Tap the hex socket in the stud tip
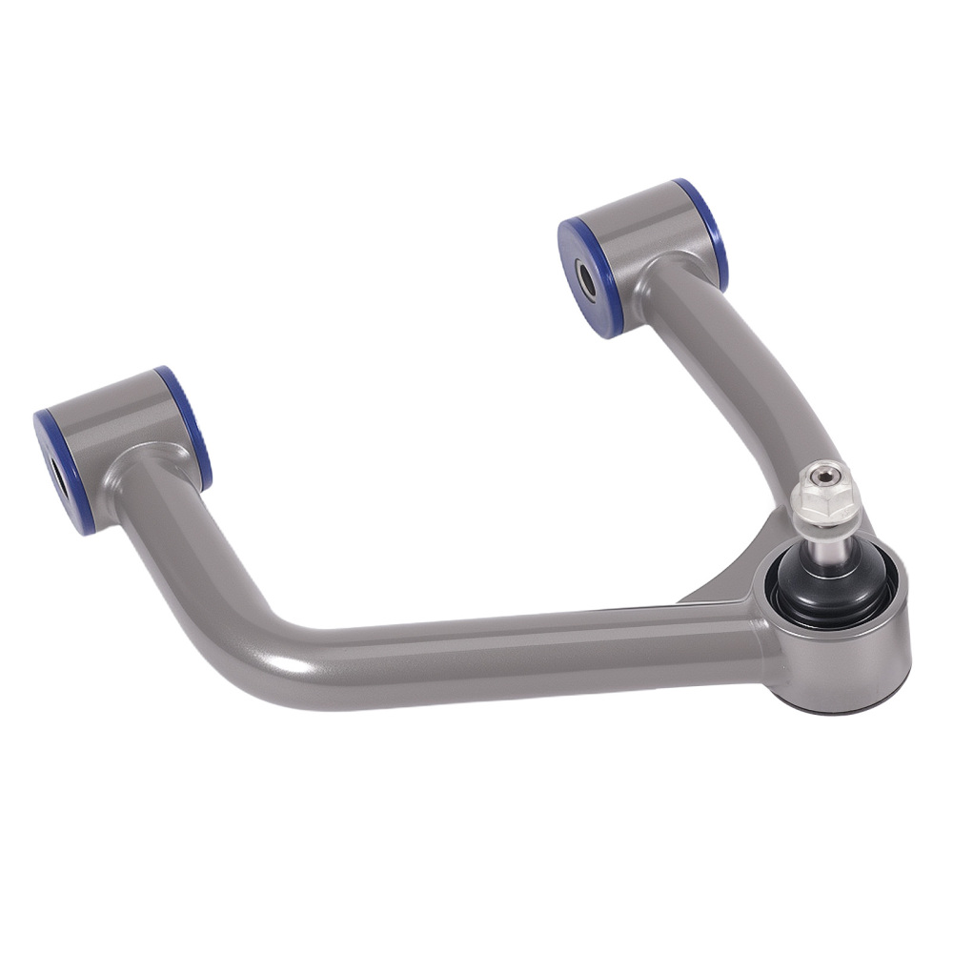(822, 474)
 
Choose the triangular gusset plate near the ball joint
(734, 577)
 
